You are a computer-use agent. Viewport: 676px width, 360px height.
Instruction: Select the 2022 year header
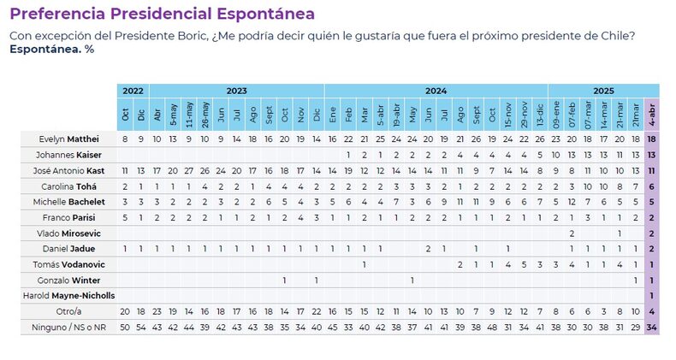tap(133, 91)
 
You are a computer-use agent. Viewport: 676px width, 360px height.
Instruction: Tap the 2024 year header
tap(436, 91)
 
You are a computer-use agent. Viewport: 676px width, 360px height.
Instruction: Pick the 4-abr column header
tap(652, 114)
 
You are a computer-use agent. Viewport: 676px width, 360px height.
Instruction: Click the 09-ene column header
tap(555, 114)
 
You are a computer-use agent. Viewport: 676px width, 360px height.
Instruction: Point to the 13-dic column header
tap(540, 114)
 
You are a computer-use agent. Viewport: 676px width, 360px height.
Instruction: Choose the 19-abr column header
tap(396, 114)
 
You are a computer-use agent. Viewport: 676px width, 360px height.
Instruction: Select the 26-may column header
tap(205, 114)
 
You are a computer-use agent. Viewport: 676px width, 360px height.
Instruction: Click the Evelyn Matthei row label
tap(69, 139)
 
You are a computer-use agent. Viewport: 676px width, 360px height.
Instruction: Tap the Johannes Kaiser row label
tap(69, 155)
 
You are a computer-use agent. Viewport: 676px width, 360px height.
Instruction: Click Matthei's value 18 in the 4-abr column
tap(652, 139)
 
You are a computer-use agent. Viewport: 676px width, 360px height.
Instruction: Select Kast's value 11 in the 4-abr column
tap(652, 170)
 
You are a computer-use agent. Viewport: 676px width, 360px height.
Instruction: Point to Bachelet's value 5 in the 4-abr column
tap(652, 202)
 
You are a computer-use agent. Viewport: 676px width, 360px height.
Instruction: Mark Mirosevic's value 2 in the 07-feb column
tap(572, 233)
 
